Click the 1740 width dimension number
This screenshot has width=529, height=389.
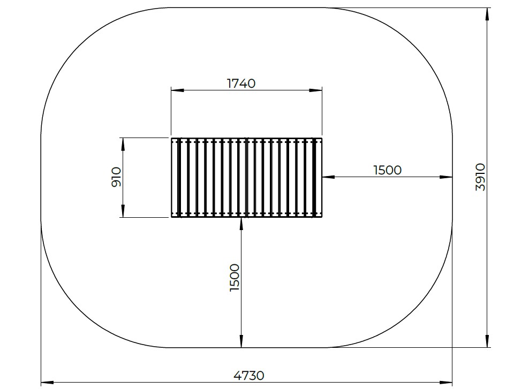click(241, 83)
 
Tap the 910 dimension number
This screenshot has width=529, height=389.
click(116, 177)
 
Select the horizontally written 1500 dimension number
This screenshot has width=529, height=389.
click(387, 170)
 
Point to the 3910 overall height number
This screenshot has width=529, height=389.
click(480, 177)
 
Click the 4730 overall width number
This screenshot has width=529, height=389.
click(249, 375)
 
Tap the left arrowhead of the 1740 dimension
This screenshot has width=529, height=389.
click(177, 90)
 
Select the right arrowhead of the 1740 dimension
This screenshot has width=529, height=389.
click(316, 90)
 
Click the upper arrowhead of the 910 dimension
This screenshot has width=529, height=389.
click(123, 144)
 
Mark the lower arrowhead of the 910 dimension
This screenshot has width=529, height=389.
click(123, 211)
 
